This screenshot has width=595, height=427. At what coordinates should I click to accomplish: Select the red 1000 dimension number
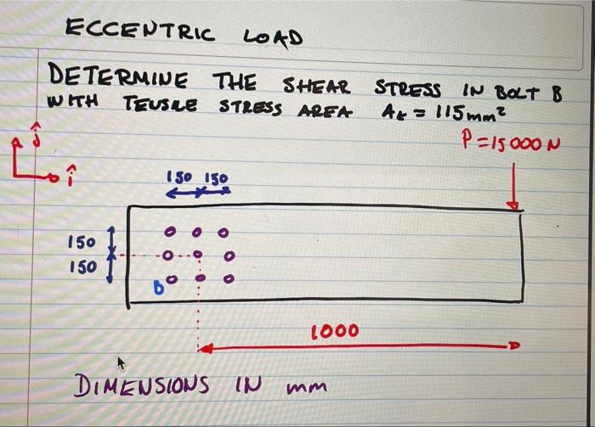tap(333, 330)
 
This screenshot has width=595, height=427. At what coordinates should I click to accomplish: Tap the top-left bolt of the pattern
tap(170, 231)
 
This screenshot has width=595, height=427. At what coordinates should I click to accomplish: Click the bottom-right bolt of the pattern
tap(227, 277)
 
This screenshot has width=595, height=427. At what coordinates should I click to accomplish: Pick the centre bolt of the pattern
tap(197, 254)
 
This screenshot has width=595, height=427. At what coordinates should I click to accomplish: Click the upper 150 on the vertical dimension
tap(81, 243)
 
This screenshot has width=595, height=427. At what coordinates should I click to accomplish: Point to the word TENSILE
tap(162, 104)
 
